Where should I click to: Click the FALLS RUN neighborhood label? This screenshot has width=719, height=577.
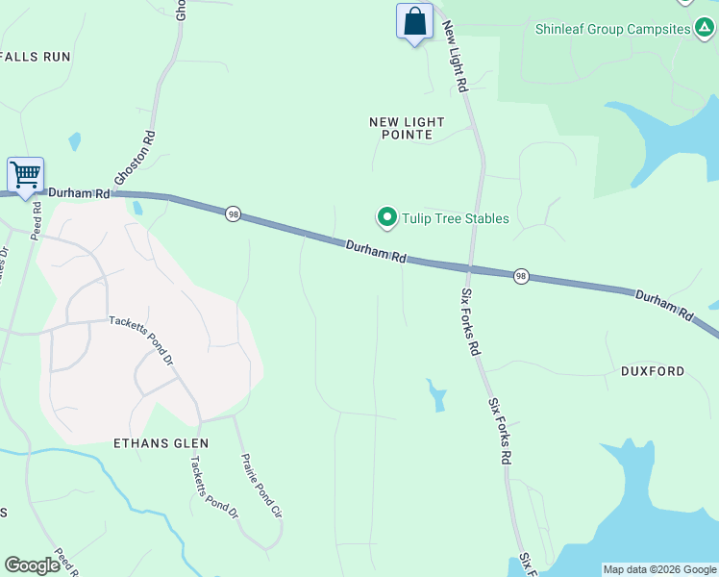click(37, 57)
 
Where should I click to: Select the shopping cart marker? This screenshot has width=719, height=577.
click(25, 176)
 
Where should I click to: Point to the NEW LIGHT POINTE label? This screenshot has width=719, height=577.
click(408, 128)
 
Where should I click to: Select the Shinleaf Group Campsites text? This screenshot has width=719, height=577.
click(612, 29)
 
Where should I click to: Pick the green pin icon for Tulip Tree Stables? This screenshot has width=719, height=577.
click(387, 218)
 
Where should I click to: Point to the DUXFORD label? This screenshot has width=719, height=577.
click(653, 371)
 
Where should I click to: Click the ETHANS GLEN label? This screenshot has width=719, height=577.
click(161, 443)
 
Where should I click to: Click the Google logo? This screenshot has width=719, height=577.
click(32, 565)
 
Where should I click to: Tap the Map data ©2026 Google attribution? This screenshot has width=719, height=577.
click(660, 569)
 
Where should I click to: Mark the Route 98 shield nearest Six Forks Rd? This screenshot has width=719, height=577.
click(520, 276)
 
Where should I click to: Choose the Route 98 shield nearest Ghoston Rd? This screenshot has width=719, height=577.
click(233, 213)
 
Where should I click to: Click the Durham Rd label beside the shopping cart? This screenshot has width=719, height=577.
click(80, 193)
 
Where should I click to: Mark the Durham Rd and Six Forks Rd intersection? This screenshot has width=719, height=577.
click(470, 268)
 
